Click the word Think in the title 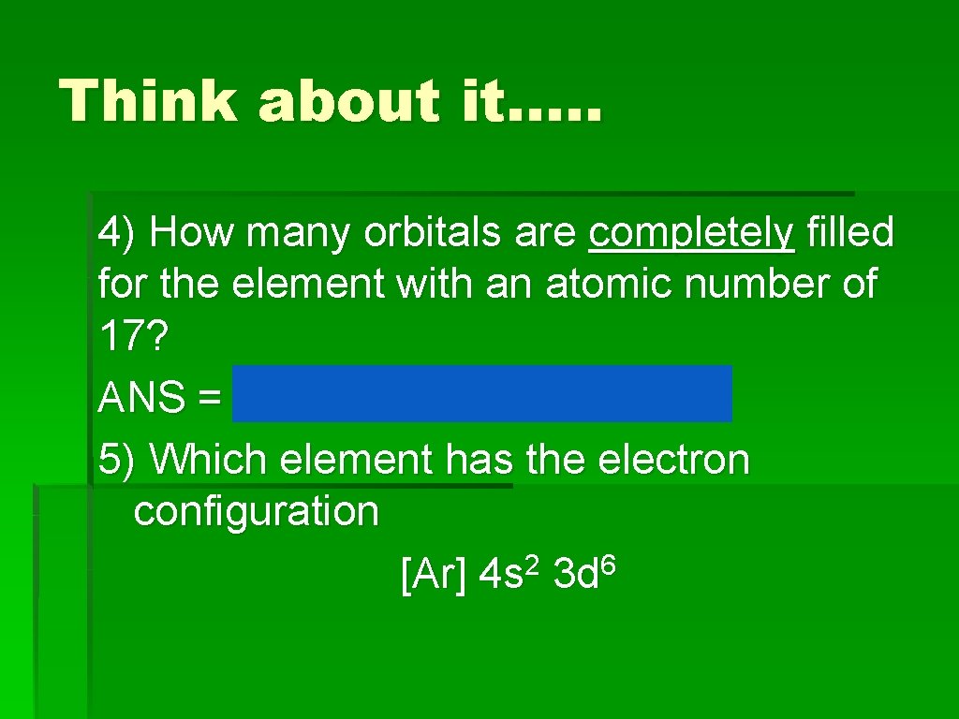147,100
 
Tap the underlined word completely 691,232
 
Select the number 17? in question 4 132,339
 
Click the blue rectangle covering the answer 482,394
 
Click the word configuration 256,512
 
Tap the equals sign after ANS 209,400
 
